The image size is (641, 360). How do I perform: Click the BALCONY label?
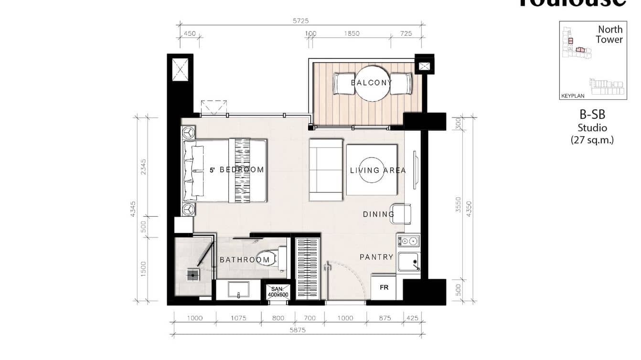(371, 83)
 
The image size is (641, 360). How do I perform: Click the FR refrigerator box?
(384, 288)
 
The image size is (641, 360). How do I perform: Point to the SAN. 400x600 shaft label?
(278, 292)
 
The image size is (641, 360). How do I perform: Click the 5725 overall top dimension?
(301, 21)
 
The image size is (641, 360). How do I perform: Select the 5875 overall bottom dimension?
(297, 330)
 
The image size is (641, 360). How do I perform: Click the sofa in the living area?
(325, 169)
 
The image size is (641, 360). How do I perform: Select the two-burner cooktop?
(408, 240)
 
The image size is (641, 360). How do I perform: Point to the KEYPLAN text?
(573, 96)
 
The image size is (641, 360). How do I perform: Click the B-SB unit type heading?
(592, 115)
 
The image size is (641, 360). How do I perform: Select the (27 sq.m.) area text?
(592, 140)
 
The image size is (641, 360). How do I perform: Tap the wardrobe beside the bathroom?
(307, 267)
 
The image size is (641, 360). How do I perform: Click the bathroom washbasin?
(238, 289)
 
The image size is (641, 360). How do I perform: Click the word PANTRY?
(376, 257)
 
